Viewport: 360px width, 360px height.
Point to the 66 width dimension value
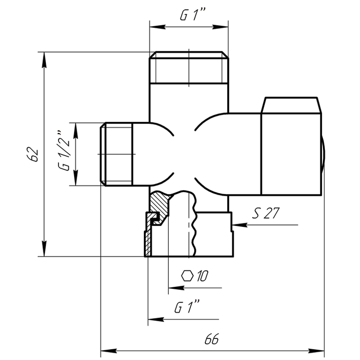(x=211, y=339)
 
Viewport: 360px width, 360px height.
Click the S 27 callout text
(x=266, y=213)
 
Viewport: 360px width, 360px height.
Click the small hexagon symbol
(x=187, y=276)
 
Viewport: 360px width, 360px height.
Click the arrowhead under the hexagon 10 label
(x=176, y=288)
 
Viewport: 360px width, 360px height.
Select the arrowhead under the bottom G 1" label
(x=156, y=320)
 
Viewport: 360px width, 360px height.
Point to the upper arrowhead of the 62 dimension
(x=44, y=60)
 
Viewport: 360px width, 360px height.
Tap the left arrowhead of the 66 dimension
(x=109, y=351)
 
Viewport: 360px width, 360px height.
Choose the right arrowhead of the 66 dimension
(x=316, y=351)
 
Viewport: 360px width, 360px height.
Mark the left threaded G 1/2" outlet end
(x=117, y=154)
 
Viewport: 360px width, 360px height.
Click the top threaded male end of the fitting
(x=189, y=67)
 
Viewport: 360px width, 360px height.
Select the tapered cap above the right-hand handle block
(x=291, y=105)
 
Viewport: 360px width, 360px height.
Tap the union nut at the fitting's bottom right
(x=214, y=234)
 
